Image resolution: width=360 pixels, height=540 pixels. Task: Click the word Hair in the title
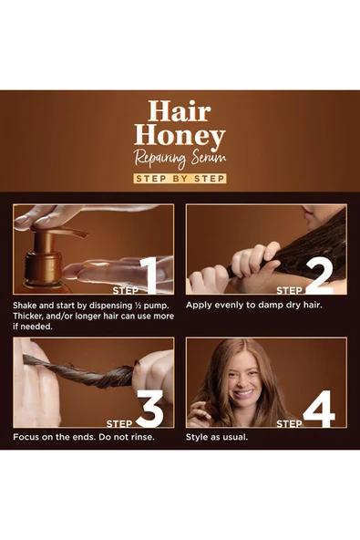pyautogui.click(x=180, y=112)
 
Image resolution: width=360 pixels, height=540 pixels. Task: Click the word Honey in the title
pyautogui.click(x=180, y=138)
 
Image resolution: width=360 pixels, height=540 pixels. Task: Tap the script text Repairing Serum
pyautogui.click(x=180, y=160)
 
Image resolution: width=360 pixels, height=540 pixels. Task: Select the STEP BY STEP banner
pyautogui.click(x=180, y=179)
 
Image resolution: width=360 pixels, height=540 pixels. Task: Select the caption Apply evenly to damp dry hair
pyautogui.click(x=254, y=304)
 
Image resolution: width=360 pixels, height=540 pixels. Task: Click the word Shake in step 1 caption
pyautogui.click(x=28, y=304)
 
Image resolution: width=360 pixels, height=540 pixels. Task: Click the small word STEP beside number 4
pyautogui.click(x=289, y=423)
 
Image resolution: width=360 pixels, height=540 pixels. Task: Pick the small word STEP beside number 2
pyautogui.click(x=289, y=290)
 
